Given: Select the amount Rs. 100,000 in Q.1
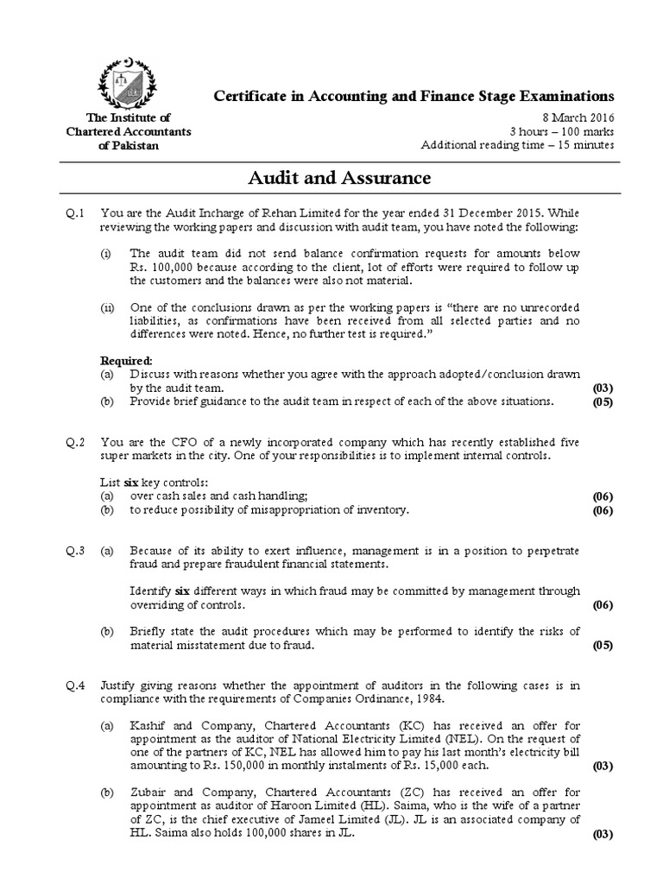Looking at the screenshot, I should tap(161, 268).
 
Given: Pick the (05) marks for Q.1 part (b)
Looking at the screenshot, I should tap(601, 401).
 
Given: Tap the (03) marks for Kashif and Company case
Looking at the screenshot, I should tap(601, 766).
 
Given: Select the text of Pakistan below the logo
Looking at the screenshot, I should tap(129, 145).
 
